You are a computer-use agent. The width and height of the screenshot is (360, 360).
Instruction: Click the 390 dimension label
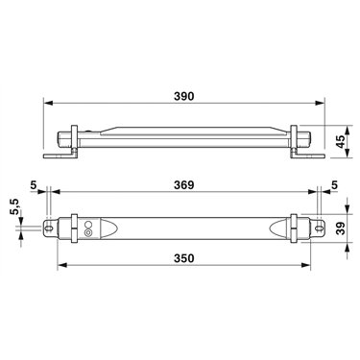click(184, 96)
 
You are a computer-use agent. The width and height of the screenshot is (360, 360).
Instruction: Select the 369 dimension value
click(184, 185)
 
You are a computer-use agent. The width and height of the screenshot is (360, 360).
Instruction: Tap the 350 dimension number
click(184, 258)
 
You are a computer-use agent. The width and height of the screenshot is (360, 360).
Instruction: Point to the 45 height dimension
click(342, 141)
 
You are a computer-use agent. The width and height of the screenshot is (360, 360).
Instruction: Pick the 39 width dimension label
click(342, 228)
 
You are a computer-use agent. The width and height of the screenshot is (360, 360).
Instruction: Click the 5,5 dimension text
click(15, 206)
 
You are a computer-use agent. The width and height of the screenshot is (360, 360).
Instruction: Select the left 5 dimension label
click(33, 185)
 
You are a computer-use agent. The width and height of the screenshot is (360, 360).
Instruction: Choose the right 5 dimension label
click(334, 185)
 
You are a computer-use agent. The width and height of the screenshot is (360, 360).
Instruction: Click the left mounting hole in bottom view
click(49, 228)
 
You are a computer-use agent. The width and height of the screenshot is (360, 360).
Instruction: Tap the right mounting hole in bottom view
click(319, 228)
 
